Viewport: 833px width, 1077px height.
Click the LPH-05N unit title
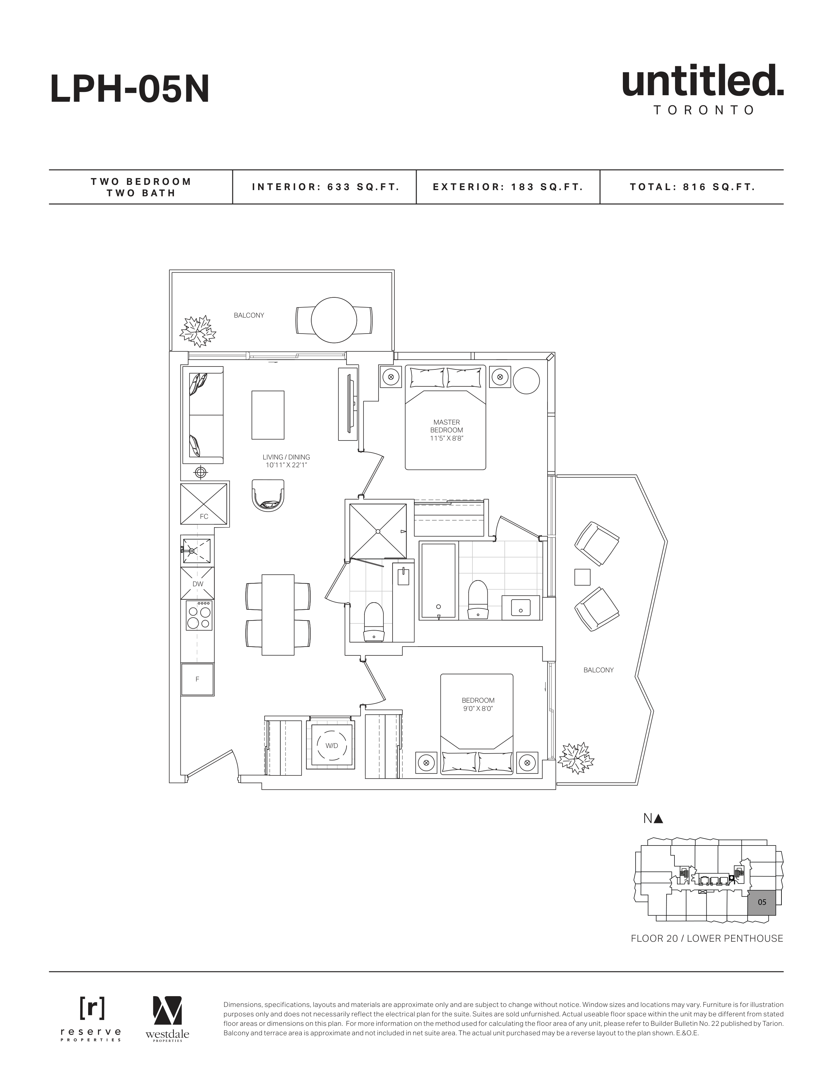pos(130,89)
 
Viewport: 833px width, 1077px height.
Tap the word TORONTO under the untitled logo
pos(704,110)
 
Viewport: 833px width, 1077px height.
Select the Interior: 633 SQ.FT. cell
pos(325,187)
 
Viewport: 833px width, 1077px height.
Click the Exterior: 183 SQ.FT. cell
pos(508,187)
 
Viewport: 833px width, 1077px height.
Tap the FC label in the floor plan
pos(204,516)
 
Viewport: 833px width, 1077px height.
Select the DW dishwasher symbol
pos(197,583)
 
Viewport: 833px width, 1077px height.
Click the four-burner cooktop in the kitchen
pos(199,615)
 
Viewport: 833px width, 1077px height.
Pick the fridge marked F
pos(197,679)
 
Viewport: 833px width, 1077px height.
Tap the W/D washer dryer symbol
pos(332,746)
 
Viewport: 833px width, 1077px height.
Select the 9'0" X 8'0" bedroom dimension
pos(478,709)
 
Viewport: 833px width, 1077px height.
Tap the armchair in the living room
pos(269,495)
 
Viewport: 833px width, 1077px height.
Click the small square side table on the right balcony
pos(582,577)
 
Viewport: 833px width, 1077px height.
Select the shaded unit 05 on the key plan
pos(762,902)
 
